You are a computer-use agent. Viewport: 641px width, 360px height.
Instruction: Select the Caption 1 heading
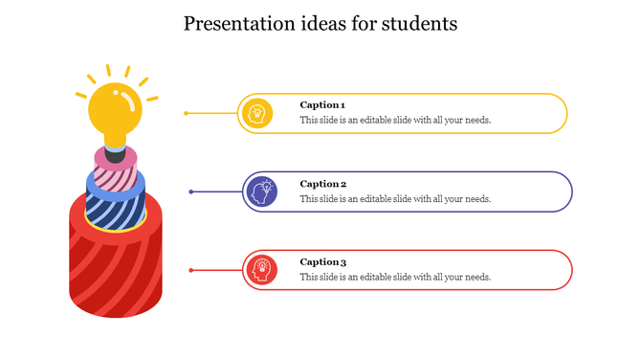coord(322,104)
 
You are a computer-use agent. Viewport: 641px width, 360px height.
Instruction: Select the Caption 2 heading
coord(322,183)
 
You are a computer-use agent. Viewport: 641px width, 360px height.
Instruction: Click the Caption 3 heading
coord(322,261)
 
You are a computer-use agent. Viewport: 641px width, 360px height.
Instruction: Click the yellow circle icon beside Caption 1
coord(257,113)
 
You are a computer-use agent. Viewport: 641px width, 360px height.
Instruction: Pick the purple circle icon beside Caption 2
coord(260,191)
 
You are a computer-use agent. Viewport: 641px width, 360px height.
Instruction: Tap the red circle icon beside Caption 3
coord(260,270)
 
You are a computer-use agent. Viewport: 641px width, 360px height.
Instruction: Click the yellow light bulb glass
coord(114,109)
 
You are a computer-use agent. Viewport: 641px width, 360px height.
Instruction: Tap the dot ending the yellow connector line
coord(186,113)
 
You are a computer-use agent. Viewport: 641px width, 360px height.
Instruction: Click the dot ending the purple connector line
coord(191,191)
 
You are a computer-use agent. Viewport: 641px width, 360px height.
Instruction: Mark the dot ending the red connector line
coord(191,270)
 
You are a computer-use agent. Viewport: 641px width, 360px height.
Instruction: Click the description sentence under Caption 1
coord(395,121)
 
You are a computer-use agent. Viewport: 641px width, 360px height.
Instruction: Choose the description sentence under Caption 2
coord(395,199)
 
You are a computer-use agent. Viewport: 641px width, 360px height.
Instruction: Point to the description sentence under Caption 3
coord(395,277)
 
